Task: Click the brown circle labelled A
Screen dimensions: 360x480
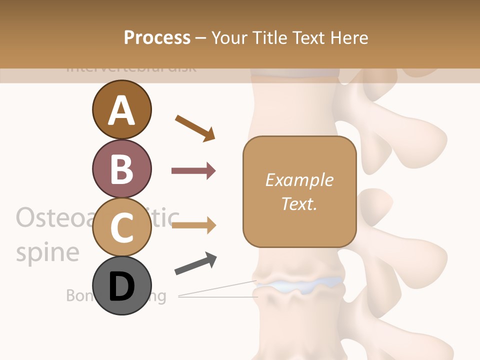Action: (x=121, y=109)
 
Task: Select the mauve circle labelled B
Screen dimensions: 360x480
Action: (x=121, y=168)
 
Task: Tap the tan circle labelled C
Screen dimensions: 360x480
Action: (x=121, y=227)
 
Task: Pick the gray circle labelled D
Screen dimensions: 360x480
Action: (x=121, y=285)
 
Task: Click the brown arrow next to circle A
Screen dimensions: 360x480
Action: (x=195, y=128)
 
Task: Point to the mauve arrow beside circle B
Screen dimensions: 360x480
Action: (x=193, y=171)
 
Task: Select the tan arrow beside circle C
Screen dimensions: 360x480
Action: (x=193, y=225)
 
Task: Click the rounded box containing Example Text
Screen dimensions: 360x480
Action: (x=299, y=191)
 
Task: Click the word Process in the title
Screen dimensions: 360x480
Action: (x=157, y=38)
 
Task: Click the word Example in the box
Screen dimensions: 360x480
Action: (x=299, y=180)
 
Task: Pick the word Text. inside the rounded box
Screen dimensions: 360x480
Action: (x=299, y=203)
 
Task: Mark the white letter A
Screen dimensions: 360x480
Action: (x=121, y=110)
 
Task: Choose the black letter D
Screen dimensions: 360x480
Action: (x=121, y=286)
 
